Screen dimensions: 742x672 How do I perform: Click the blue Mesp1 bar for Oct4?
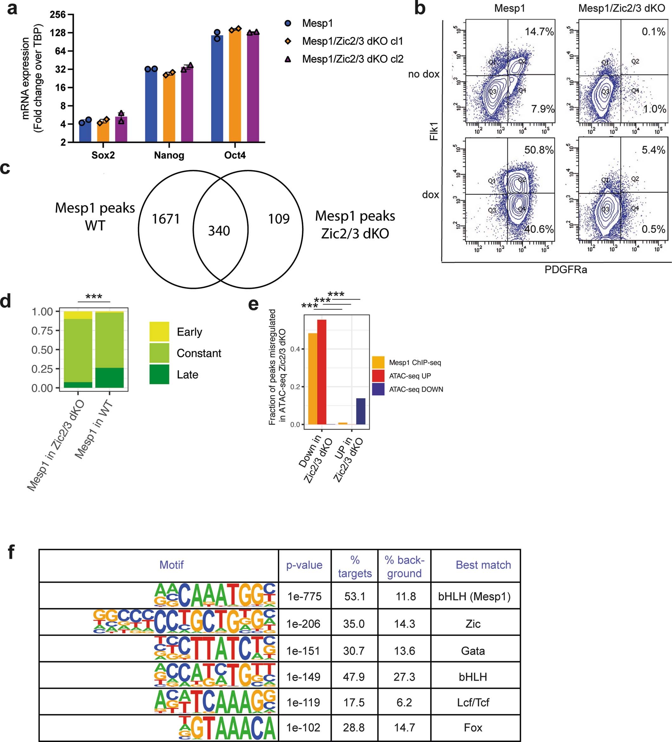pos(217,90)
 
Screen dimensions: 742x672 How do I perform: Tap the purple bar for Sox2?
pos(121,130)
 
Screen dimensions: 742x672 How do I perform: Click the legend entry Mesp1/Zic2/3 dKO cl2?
pos(352,59)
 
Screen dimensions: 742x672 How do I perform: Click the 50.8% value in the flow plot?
pos(539,150)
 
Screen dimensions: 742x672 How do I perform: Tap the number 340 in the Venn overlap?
pos(219,231)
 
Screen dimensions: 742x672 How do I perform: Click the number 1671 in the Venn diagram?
pos(166,219)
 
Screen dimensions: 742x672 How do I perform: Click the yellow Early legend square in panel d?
pos(159,332)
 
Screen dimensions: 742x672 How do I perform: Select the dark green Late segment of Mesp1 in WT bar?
pos(109,378)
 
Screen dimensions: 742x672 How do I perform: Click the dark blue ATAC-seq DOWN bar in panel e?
pos(360,411)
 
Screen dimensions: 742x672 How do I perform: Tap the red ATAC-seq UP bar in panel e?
pos(322,372)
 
